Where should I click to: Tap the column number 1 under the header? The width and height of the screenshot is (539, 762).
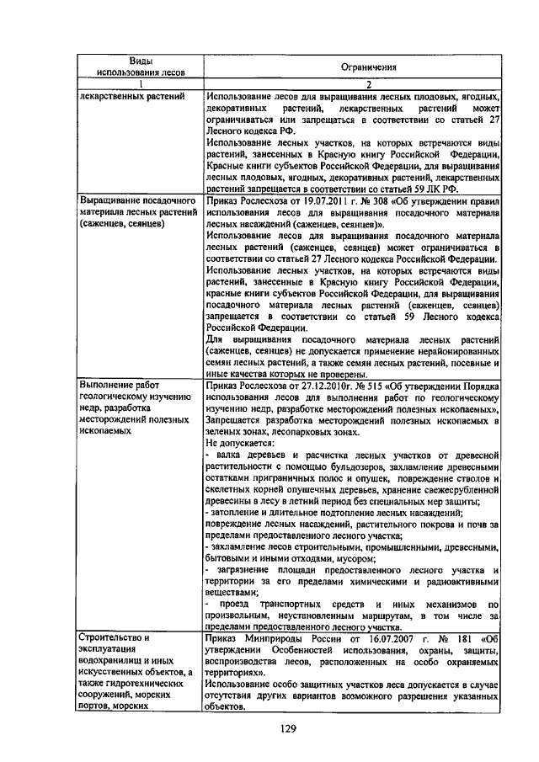coord(140,85)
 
